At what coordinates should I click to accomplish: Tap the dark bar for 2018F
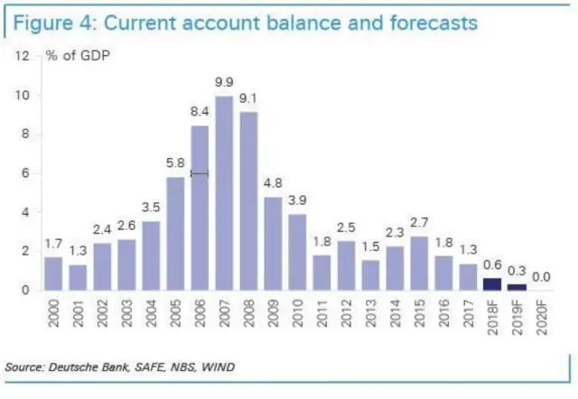coord(491,283)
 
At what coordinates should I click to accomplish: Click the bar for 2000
coord(53,273)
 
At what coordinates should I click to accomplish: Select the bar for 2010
coord(296,252)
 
